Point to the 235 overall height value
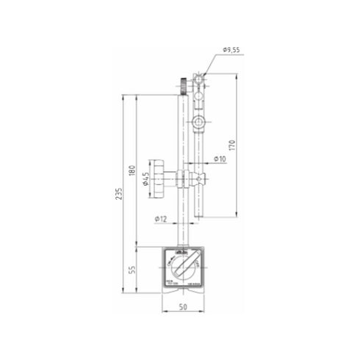point(119,192)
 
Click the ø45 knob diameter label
point(147,179)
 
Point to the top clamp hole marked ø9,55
point(199,76)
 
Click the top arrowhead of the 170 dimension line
point(235,75)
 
